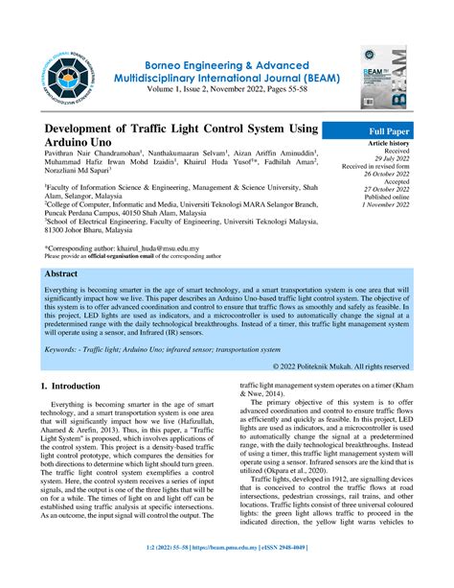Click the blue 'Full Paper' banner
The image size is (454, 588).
pos(384,130)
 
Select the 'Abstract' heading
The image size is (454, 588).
pos(62,273)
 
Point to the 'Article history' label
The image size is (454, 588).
pos(387,144)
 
